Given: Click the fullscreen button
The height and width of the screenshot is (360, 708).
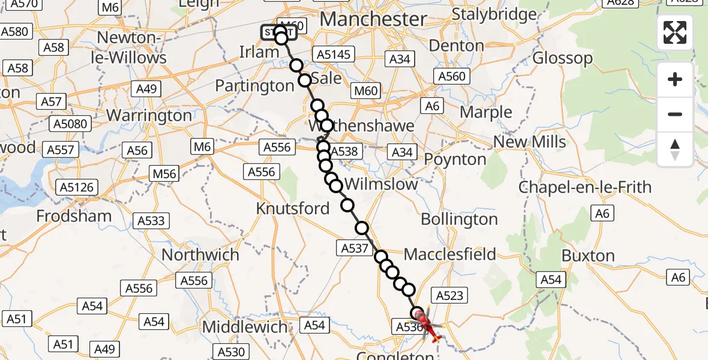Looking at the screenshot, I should pos(675,32).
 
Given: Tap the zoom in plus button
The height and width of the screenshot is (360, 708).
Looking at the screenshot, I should pos(675,79).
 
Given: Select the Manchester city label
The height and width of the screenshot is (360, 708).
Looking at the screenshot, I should pos(373,19).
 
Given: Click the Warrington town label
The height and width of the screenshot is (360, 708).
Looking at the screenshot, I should pos(149,115).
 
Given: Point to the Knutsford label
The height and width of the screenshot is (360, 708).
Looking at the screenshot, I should pos(293,209).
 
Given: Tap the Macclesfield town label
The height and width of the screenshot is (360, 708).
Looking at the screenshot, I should pos(450,254).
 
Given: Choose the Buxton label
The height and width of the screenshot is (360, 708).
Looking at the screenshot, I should pos(588,256).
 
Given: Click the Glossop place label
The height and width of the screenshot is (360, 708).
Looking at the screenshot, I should pos(563,58).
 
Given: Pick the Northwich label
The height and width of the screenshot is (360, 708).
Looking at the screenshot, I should pos(200,254).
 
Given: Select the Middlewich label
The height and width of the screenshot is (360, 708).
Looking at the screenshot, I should pos(245,328).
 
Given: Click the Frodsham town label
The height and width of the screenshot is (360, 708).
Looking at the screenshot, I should pos(74,216).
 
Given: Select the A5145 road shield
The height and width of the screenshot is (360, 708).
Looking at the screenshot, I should pos(333,55).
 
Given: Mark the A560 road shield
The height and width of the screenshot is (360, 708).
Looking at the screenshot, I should pos(452,76).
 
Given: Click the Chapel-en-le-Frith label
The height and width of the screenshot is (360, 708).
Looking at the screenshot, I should pos(584,187).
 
